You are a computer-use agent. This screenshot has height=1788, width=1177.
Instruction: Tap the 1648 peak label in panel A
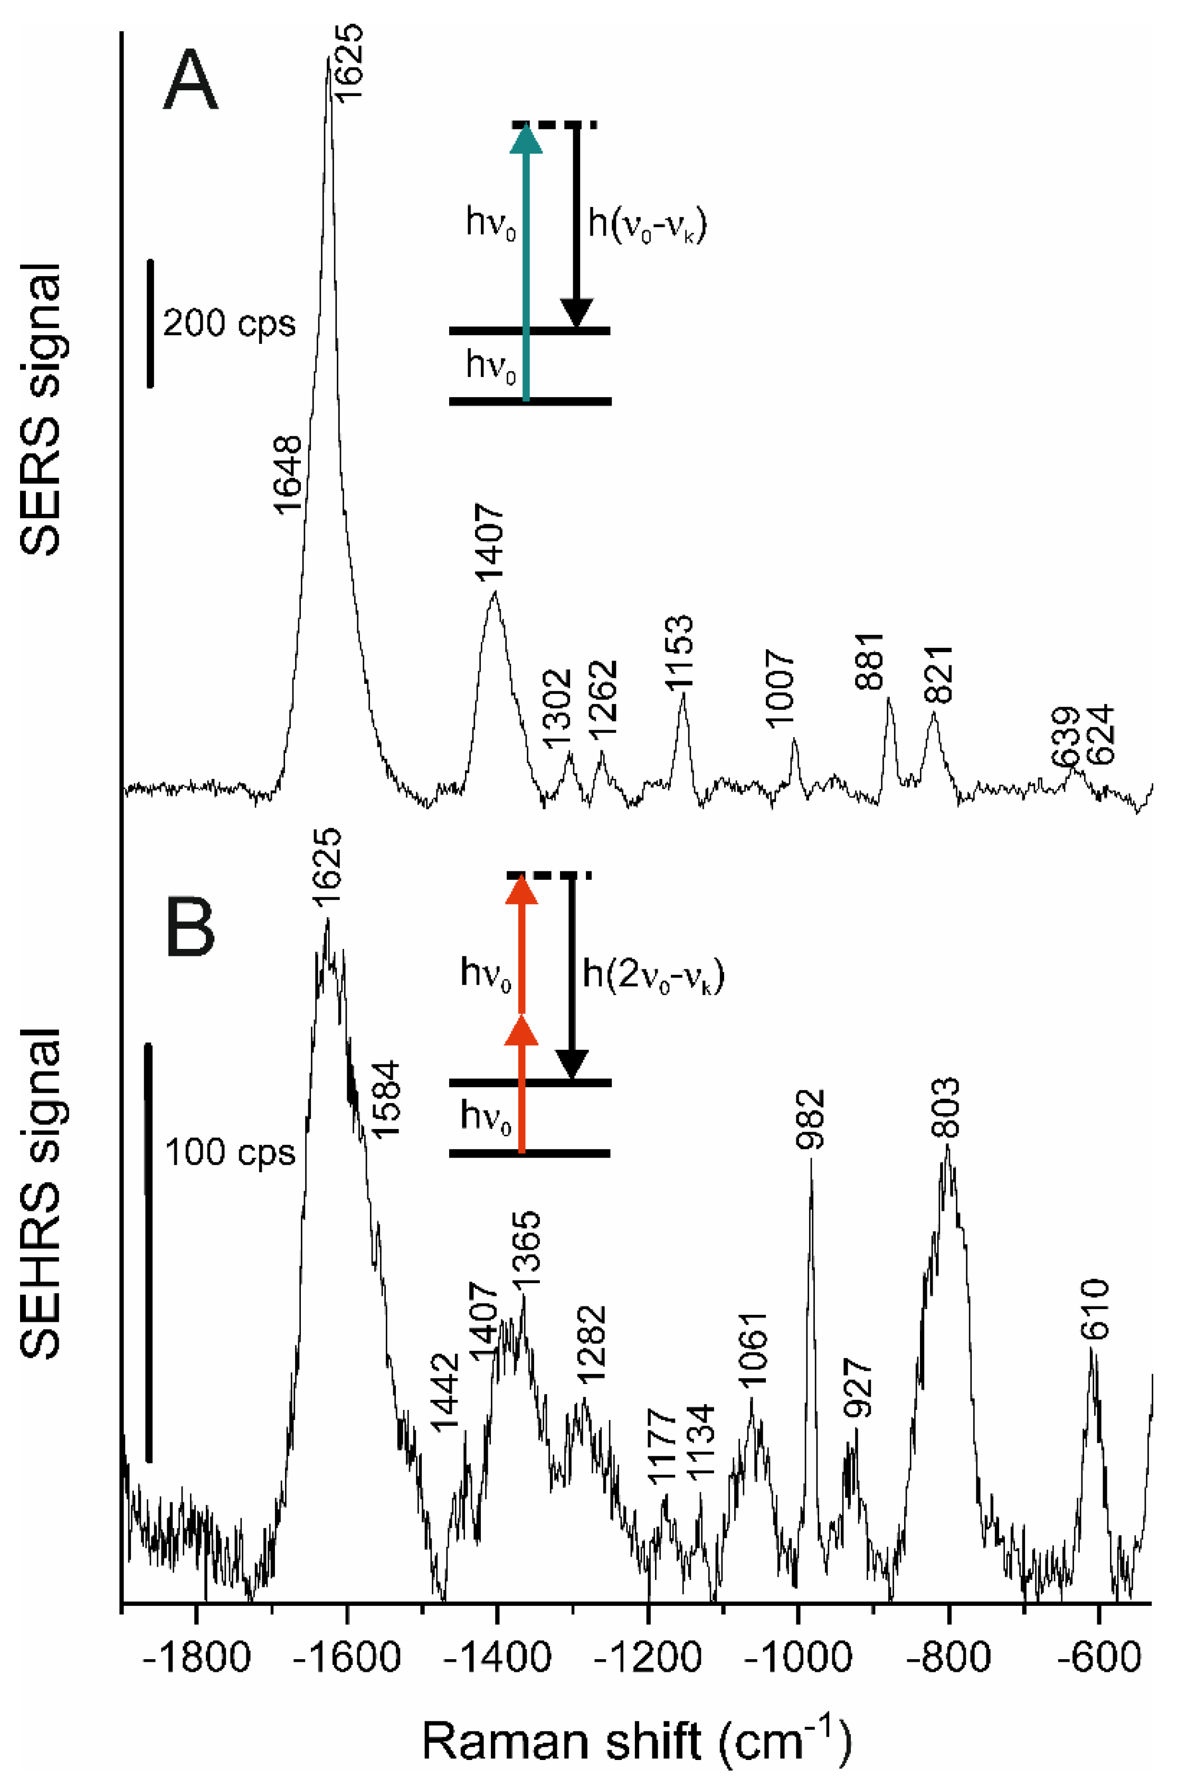tap(288, 475)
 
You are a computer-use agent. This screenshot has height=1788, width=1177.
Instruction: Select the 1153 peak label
tap(680, 651)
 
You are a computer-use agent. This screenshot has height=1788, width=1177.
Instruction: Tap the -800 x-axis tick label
tap(948, 1657)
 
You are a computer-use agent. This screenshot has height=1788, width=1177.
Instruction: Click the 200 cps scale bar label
tap(229, 324)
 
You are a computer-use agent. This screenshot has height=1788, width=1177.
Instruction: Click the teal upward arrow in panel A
tap(526, 263)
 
